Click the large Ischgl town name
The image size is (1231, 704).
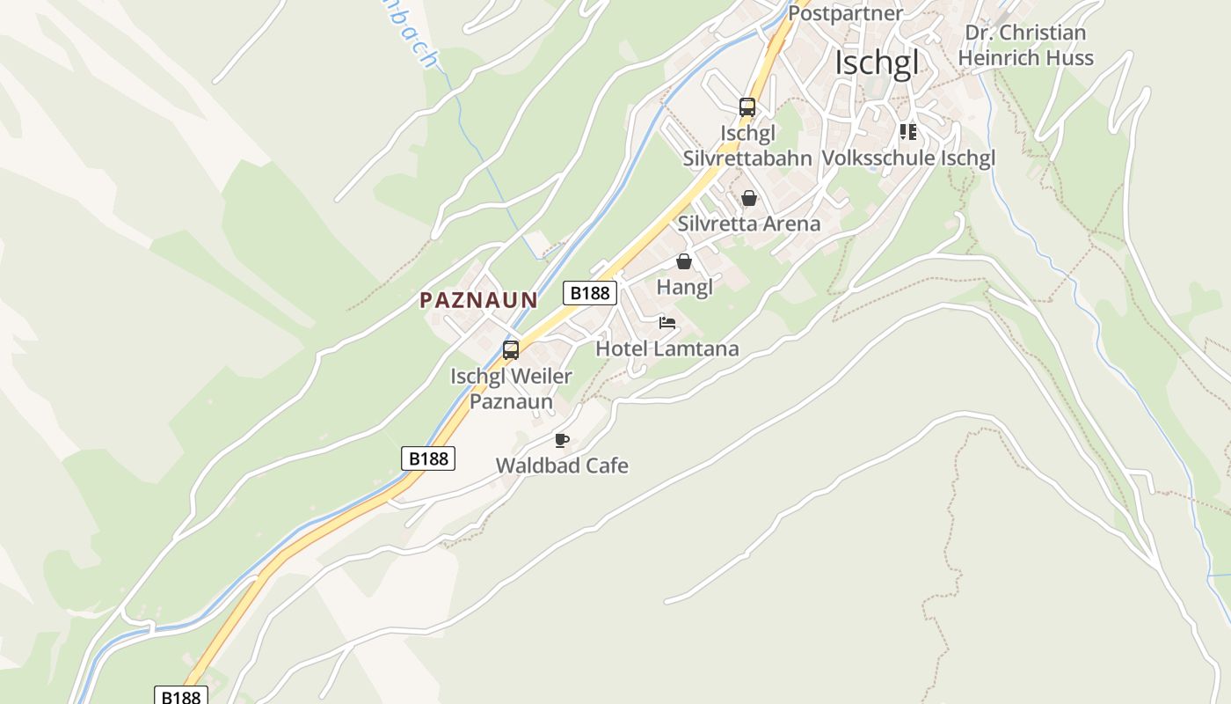coord(877,63)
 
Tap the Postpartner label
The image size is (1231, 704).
coord(845,13)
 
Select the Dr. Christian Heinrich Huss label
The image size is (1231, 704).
coord(1025,46)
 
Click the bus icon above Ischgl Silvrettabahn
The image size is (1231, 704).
coord(747,107)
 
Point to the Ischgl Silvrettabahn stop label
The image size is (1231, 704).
coord(747,146)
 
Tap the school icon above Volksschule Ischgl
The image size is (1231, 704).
coord(908,133)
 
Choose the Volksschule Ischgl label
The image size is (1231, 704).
coord(908,158)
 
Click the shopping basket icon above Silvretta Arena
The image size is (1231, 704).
coord(748,198)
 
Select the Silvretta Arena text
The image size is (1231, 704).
coord(748,224)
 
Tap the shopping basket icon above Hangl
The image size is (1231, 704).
coord(684,261)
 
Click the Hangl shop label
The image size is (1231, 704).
coord(684,287)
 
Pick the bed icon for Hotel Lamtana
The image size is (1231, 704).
coord(667,323)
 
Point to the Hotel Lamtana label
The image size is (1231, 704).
coord(667,348)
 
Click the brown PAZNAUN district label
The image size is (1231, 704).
coord(478,300)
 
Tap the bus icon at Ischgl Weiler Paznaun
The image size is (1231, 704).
coord(511,350)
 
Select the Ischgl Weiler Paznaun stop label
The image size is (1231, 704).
coord(511,389)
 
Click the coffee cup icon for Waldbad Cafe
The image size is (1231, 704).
coord(562,440)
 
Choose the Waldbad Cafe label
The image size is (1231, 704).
coord(562,466)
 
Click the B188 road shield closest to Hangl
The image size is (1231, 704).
coord(589,293)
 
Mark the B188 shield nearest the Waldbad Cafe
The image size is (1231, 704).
coord(429,458)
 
